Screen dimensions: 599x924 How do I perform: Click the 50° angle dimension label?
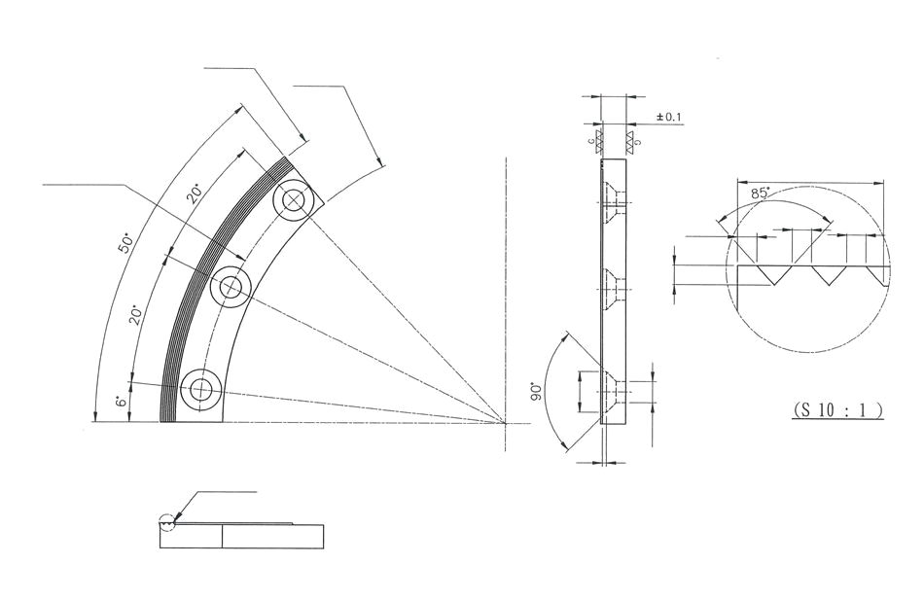(x=124, y=243)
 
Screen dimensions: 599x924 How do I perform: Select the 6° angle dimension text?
(x=121, y=402)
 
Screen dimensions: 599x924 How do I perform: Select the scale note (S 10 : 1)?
(x=837, y=410)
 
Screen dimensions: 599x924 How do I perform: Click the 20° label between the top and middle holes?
(x=195, y=193)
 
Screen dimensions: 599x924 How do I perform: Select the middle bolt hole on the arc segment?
(x=231, y=287)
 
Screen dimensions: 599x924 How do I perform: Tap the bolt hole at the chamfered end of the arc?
(x=293, y=202)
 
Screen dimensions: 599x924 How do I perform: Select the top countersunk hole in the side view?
(x=611, y=203)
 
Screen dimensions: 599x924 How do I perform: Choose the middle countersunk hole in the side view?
(x=611, y=287)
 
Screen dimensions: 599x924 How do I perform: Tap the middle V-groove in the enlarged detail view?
(x=827, y=275)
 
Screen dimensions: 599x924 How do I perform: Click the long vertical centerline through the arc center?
(x=506, y=292)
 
